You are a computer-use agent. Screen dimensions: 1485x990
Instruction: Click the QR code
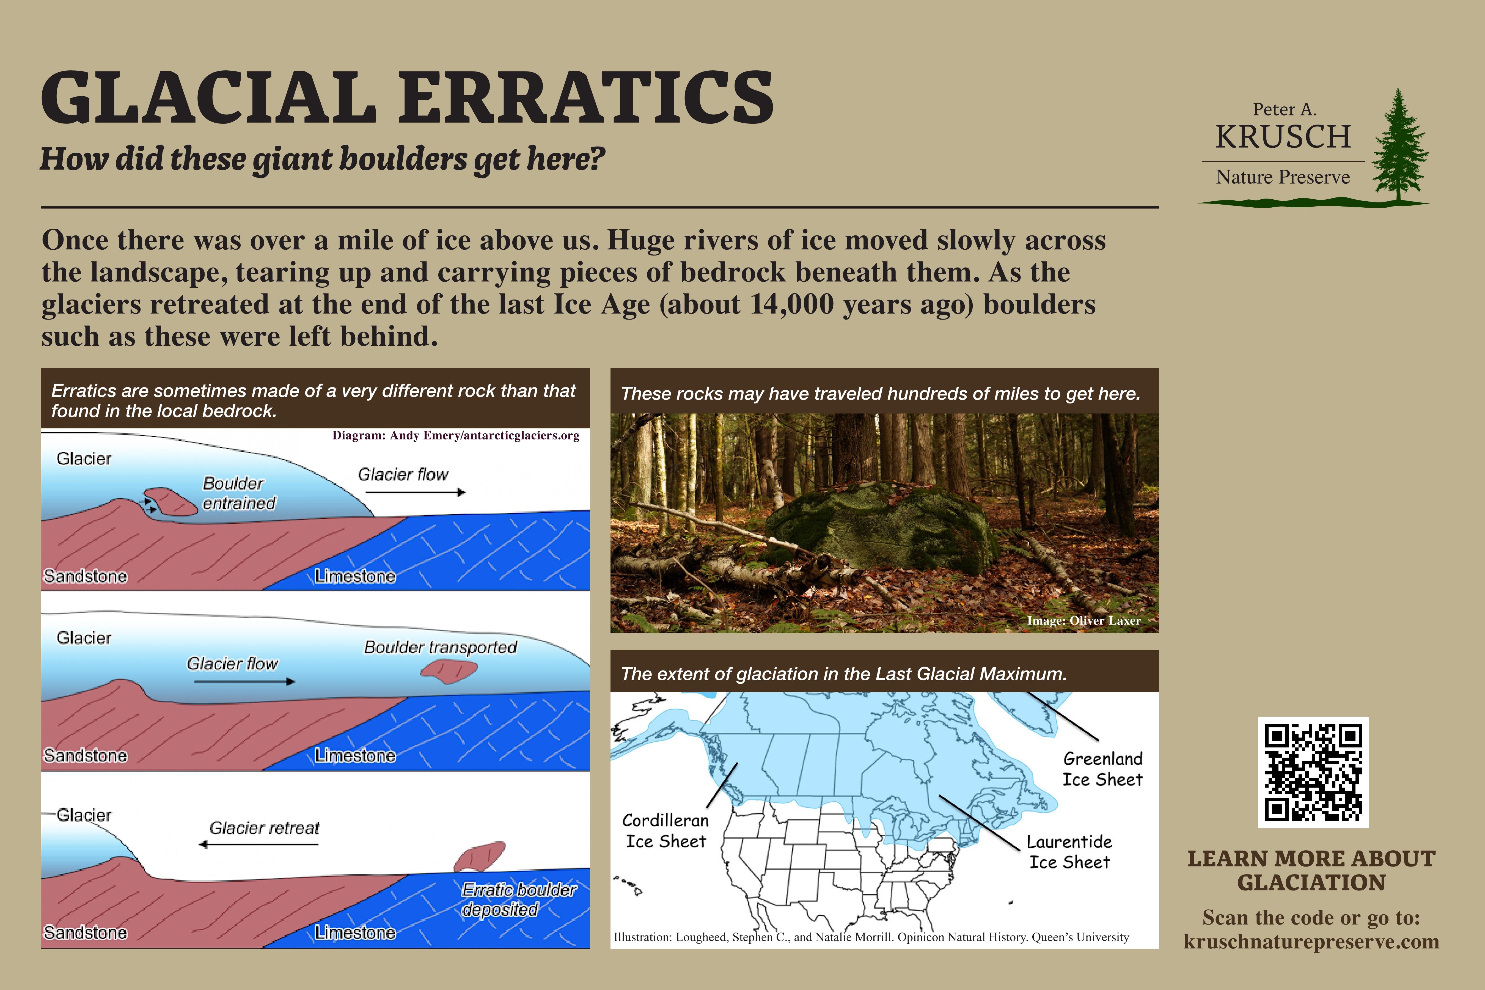click(1313, 772)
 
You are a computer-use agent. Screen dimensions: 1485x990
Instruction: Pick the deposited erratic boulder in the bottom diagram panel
click(479, 856)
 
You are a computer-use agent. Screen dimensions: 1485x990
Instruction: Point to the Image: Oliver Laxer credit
click(1083, 621)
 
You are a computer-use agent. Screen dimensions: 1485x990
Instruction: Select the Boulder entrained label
click(239, 493)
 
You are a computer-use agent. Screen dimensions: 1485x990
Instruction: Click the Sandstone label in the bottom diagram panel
click(85, 933)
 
